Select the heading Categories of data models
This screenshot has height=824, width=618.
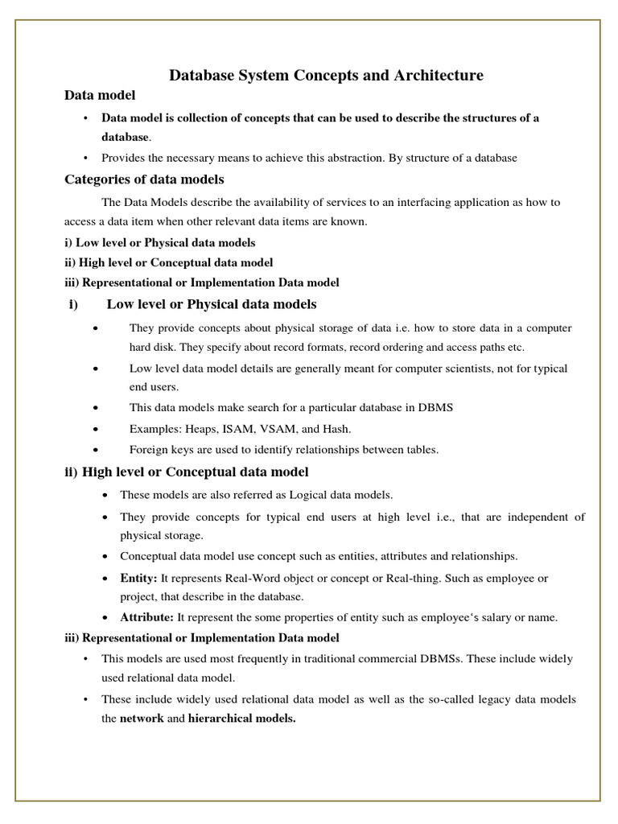coord(144,179)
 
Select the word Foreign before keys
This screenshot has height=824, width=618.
coord(148,450)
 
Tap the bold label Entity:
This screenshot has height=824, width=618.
coord(139,579)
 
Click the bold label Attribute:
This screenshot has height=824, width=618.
coord(146,617)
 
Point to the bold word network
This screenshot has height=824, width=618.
coord(142,719)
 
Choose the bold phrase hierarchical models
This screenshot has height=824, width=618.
coord(241,719)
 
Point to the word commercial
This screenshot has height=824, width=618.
coord(390,658)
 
